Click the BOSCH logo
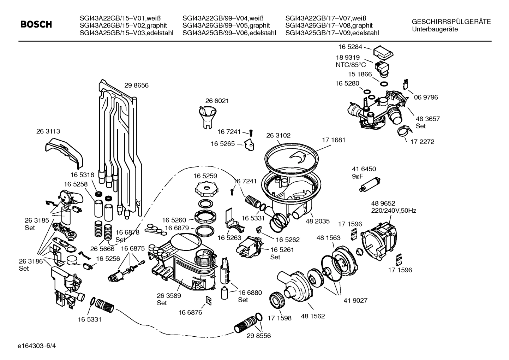pos(36,24)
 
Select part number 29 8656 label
pos(136,85)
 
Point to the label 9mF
pos(358,176)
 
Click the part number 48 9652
pos(383,203)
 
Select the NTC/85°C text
pos(351,65)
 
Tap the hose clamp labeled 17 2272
pos(403,131)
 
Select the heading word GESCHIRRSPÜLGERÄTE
pos(451,22)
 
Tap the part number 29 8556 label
pos(259,336)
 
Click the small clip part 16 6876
pos(209,301)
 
